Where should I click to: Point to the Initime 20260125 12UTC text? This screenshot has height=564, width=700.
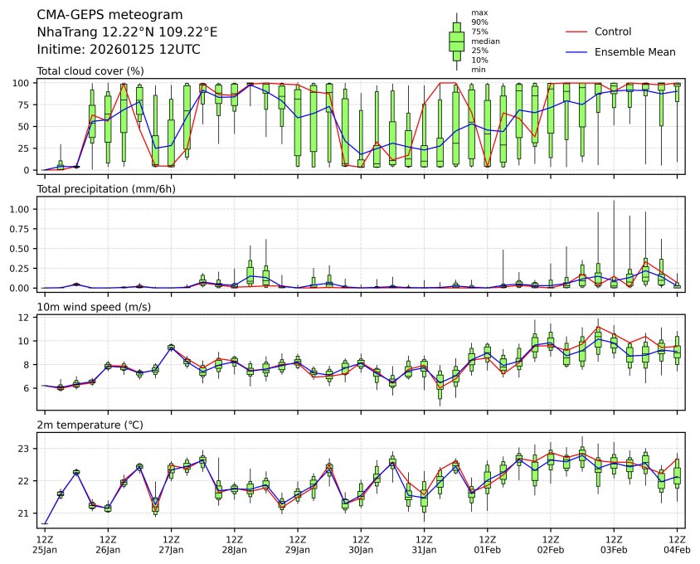pos(119,50)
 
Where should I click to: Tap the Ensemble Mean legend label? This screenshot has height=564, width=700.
pos(634,51)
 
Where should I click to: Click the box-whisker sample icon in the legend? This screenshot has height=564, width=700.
pos(456,41)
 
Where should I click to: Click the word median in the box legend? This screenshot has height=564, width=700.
pos(485,41)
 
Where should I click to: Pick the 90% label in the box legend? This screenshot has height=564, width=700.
pos(479,22)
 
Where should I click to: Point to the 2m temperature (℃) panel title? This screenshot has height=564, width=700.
pos(89,425)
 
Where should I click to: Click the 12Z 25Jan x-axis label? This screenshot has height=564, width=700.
pos(45,545)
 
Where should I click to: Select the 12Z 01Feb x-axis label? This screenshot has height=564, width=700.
pos(487,545)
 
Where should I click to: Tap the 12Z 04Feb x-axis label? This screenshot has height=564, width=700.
pos(677,545)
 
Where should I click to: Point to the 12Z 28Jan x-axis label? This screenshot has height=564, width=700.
pos(234,545)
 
